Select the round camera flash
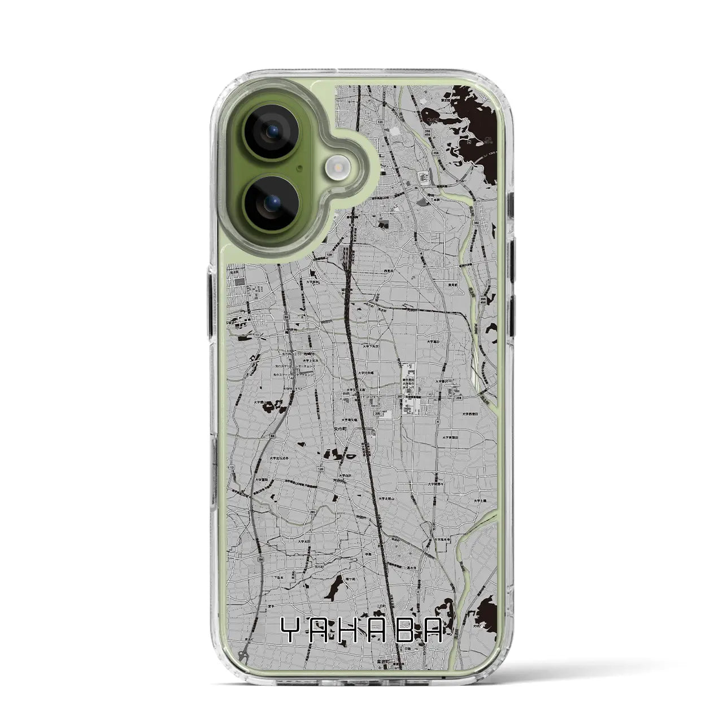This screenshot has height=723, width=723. [x=338, y=167]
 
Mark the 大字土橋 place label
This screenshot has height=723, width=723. [x=480, y=500]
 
